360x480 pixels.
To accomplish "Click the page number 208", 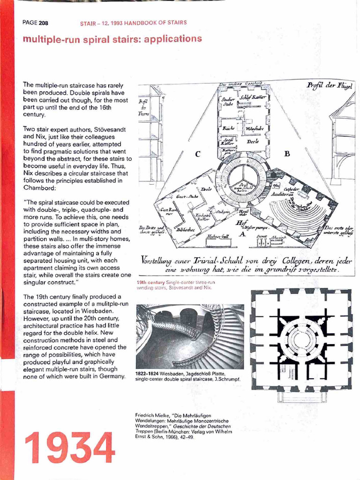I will coord(43,23).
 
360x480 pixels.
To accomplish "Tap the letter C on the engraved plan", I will coord(198,154).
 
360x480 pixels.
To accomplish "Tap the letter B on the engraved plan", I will coord(287,153).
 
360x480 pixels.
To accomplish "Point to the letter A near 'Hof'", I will coord(243,234).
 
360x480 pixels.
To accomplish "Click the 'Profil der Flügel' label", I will coord(330,86).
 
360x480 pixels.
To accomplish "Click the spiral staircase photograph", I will coord(190,336).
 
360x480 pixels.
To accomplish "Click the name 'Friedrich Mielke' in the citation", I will coord(151,415).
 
